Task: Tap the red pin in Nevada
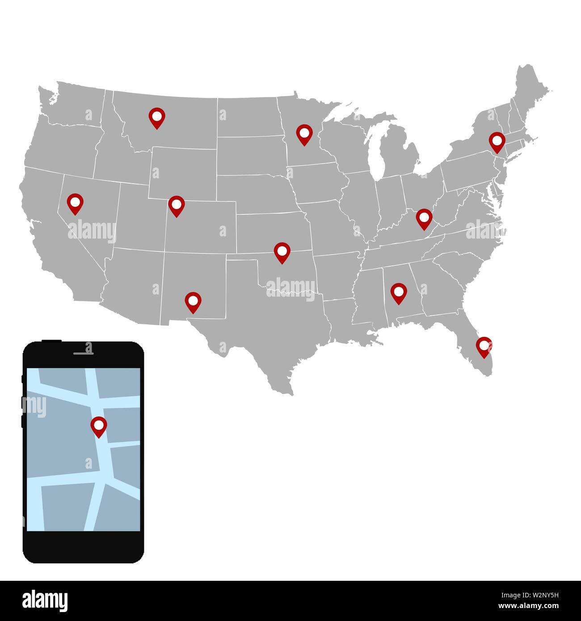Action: point(75,202)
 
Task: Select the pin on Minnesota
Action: point(304,134)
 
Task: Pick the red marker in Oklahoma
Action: point(282,252)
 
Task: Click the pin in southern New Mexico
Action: point(193,302)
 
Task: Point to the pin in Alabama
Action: point(399,292)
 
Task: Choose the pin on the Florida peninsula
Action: point(484,346)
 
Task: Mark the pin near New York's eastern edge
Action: point(497,141)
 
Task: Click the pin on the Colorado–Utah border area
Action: point(177,205)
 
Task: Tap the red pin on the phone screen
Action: point(99,426)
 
